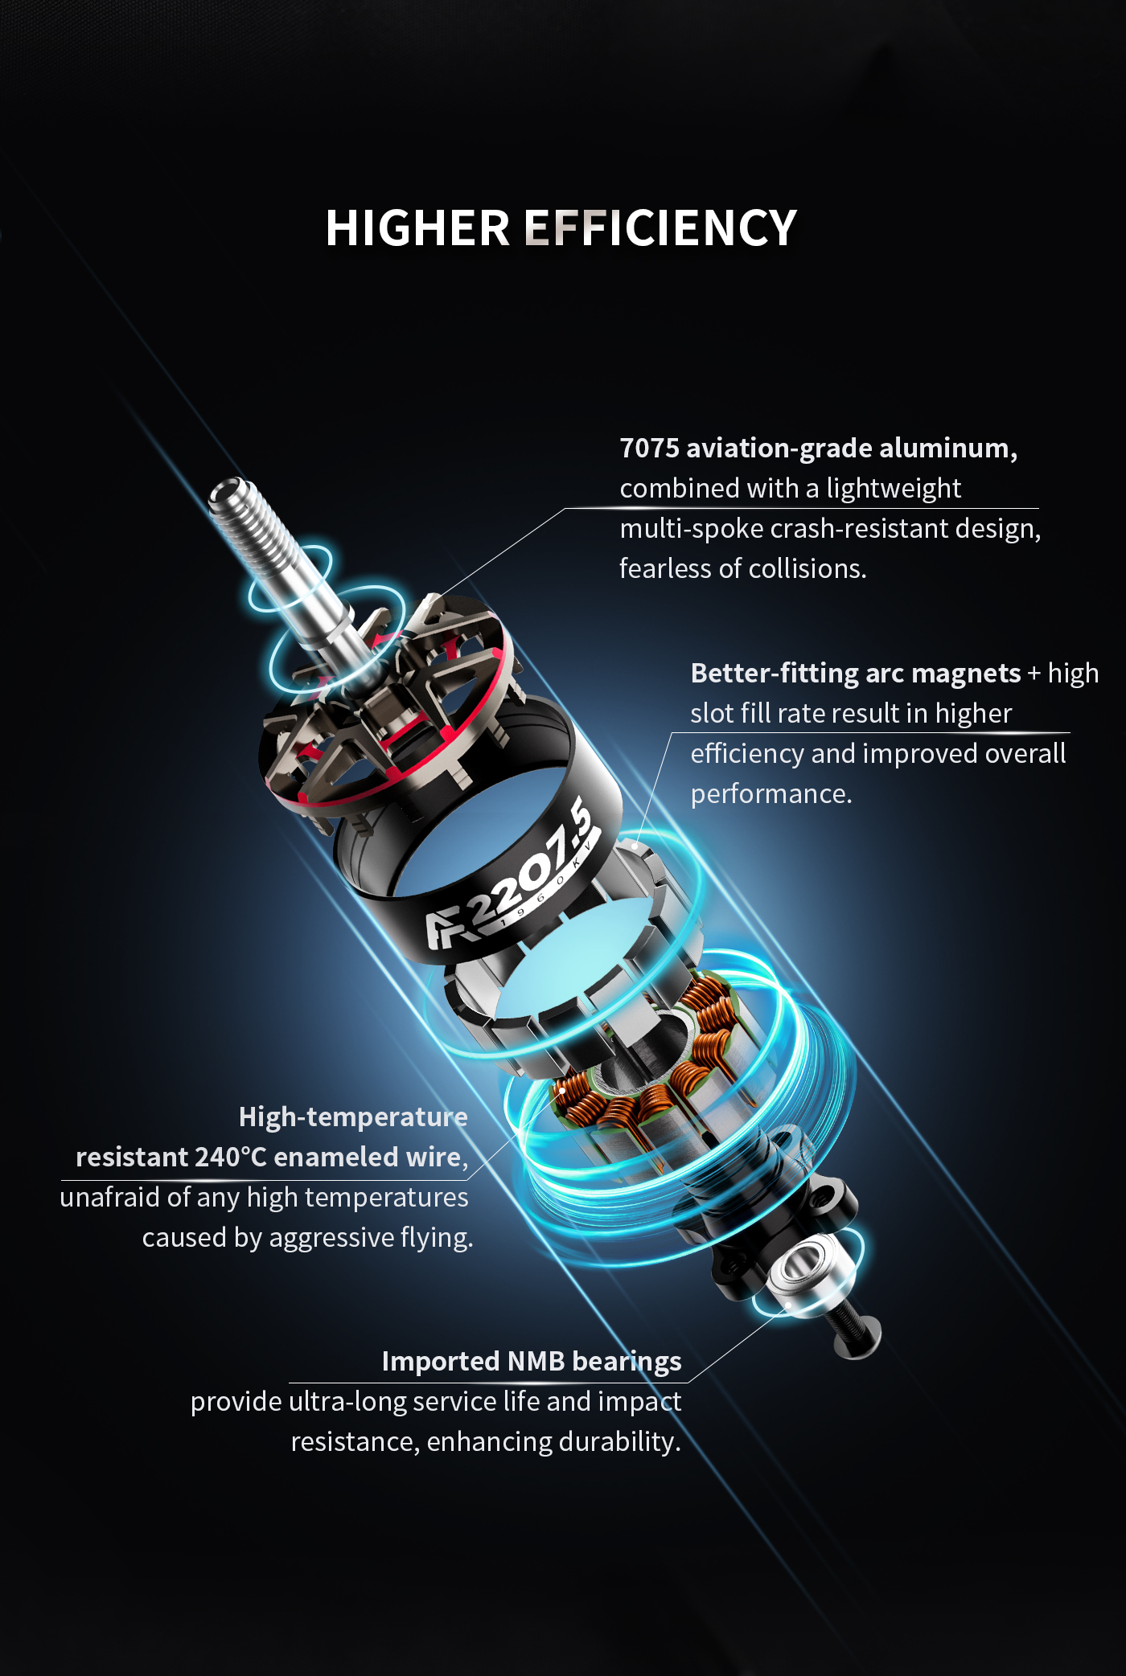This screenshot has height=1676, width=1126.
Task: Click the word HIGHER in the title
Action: [417, 228]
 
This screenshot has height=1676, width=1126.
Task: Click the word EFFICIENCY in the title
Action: [660, 228]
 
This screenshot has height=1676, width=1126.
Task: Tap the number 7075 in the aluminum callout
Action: [649, 449]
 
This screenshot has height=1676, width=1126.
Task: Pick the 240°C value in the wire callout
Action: [230, 1158]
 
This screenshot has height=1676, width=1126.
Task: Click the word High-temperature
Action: [353, 1118]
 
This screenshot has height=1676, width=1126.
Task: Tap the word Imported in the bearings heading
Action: [441, 1363]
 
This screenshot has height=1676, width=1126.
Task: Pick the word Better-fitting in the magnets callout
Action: [775, 674]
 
